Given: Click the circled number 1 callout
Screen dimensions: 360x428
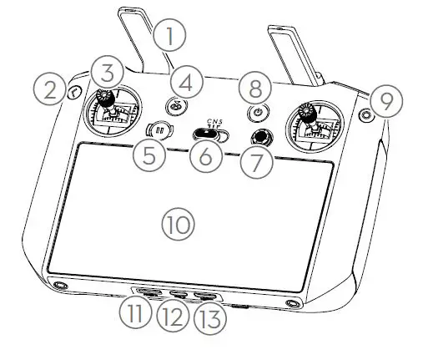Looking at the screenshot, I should (x=170, y=36).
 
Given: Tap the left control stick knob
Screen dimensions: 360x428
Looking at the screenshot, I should (x=107, y=98).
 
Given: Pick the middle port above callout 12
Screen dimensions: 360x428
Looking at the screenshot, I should (x=177, y=294).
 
